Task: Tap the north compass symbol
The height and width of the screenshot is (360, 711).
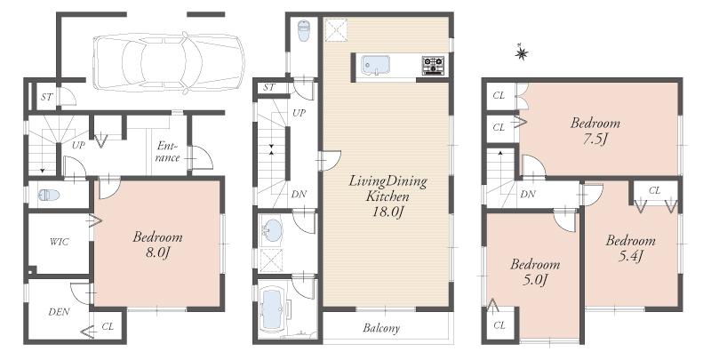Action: (522, 54)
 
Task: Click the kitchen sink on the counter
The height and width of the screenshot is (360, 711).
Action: (374, 65)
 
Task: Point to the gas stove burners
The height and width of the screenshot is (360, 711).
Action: (434, 65)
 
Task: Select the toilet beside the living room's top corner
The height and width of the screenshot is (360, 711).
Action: (304, 31)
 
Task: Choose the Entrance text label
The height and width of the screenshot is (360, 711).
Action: (167, 151)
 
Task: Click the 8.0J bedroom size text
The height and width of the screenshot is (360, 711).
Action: (157, 254)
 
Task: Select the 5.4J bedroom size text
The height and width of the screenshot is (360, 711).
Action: (629, 257)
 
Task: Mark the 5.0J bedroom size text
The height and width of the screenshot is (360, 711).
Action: (534, 281)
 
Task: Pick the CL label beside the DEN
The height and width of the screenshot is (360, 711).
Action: (108, 326)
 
